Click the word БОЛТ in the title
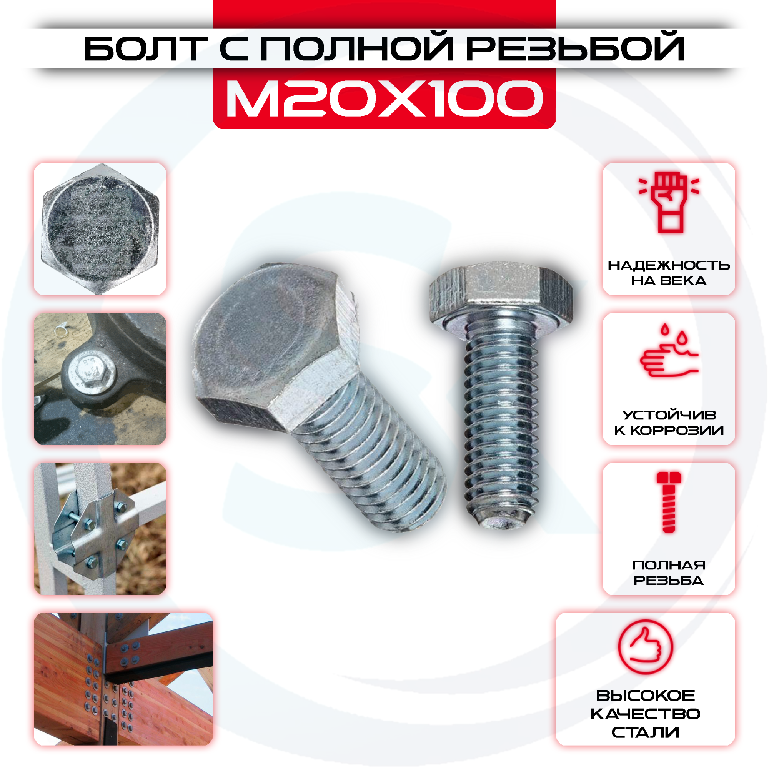point(146,48)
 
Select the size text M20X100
point(384,98)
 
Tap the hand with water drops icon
point(669,350)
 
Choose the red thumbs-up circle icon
point(646,647)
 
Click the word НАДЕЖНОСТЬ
point(669,265)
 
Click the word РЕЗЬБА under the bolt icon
point(669,580)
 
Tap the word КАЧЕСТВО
point(645,714)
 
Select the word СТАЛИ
point(645,732)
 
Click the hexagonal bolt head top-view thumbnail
point(100,229)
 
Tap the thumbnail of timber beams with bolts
point(123,679)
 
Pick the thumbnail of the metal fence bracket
point(100,529)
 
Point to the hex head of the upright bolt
point(501,295)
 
